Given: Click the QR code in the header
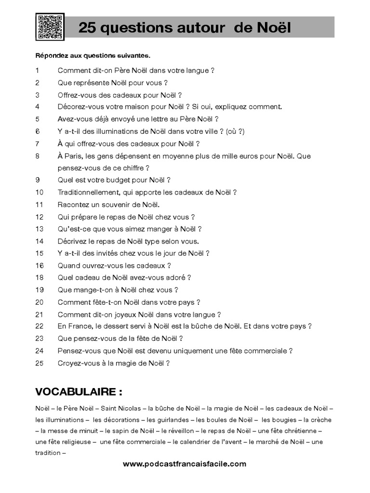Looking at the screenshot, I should (50, 27).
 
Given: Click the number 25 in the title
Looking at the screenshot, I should (87, 28).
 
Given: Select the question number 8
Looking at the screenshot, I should (38, 156).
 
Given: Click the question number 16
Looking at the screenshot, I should (40, 265).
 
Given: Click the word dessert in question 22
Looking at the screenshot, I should (134, 326).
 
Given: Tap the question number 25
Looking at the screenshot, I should (40, 363).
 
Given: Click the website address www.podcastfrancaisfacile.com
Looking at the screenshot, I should (185, 464).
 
